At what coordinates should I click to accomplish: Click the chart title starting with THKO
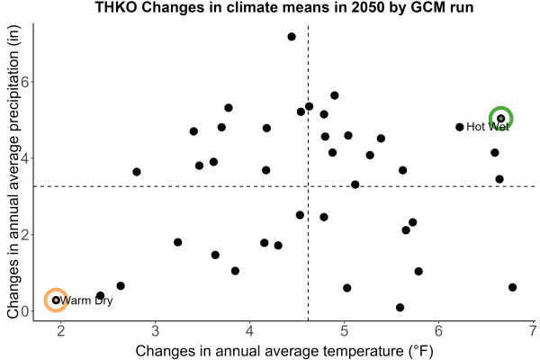(x=284, y=7)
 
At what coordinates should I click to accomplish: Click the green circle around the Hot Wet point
(x=512, y=119)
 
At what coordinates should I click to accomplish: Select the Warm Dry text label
(x=86, y=301)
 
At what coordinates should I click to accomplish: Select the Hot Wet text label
(x=488, y=127)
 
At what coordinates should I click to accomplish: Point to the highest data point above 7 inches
(x=292, y=37)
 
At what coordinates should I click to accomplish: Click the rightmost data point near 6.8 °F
(x=512, y=287)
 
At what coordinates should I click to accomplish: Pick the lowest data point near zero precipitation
(x=400, y=307)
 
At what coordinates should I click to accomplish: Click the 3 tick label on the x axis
(x=156, y=331)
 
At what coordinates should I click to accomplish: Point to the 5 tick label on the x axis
(x=344, y=331)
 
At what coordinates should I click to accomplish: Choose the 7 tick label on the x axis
(x=533, y=331)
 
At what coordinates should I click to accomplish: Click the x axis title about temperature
(x=284, y=351)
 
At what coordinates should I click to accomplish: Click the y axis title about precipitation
(x=13, y=172)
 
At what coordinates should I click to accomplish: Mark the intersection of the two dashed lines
(x=308, y=186)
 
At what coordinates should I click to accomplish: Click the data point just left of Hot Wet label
(x=459, y=127)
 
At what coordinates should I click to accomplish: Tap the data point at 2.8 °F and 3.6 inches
(x=137, y=172)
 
